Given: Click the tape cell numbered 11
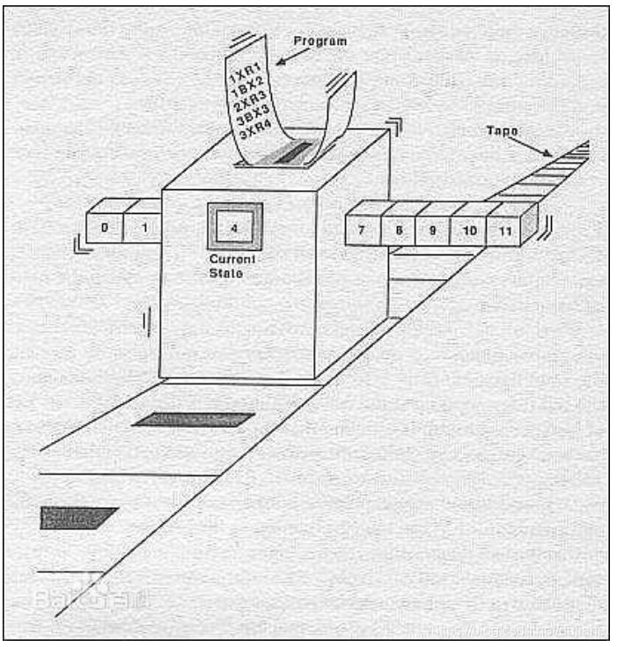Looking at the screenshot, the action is pos(504,230).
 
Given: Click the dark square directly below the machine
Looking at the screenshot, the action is pos(194,420).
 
